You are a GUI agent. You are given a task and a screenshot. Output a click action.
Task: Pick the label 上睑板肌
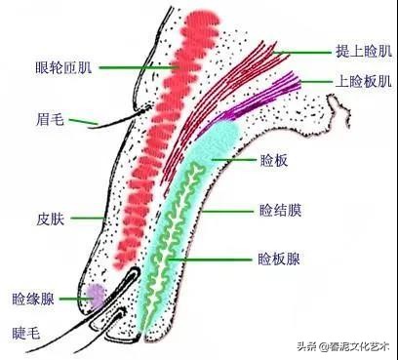click(363, 81)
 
